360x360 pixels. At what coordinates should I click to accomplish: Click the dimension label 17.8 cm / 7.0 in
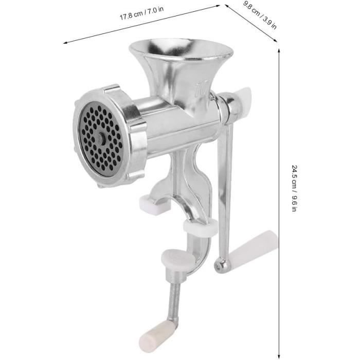(141, 13)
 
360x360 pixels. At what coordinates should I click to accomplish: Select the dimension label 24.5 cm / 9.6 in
(294, 188)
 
